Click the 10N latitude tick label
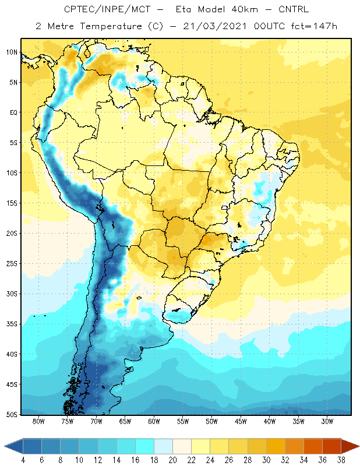coord(12,52)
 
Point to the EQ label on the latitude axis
coord(13,112)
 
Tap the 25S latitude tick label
coord(12,264)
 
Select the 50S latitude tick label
coord(12,414)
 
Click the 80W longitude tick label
coord(38,421)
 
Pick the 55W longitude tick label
coord(183,421)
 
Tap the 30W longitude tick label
coord(327,421)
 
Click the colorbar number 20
coord(172,460)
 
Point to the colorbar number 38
coord(341,460)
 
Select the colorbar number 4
coord(23,460)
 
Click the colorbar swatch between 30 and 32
coord(276,446)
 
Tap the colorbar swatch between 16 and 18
coord(145,446)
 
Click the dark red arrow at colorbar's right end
coord(350,446)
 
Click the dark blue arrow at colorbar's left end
coord(13,446)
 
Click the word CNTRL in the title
coord(294,9)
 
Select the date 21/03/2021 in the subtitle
coord(215,26)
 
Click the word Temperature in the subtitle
coord(111,26)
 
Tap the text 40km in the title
coord(245,9)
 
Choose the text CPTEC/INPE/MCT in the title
coord(107,9)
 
